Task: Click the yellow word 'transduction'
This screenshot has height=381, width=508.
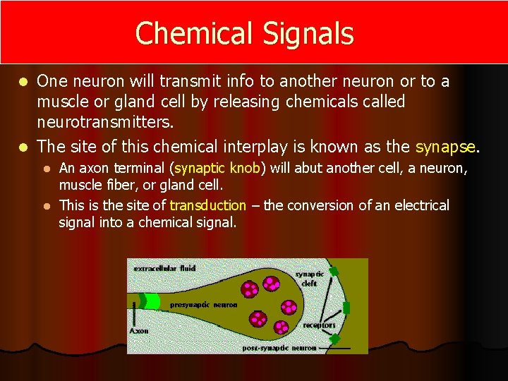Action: coord(207,205)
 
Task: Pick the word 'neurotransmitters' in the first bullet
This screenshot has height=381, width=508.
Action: coord(104,122)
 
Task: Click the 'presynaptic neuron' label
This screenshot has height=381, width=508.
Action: coord(203,305)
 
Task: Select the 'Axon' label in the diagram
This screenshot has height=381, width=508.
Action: coord(138,329)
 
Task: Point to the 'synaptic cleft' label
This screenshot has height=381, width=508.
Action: coord(309,278)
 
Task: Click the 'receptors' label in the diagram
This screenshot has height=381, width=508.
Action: coord(319,325)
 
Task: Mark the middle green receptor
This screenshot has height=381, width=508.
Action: coord(346,308)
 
